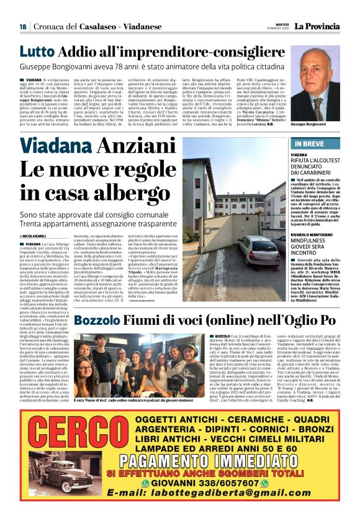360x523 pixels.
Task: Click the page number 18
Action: click(x=23, y=26)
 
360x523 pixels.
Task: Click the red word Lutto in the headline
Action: click(x=37, y=52)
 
